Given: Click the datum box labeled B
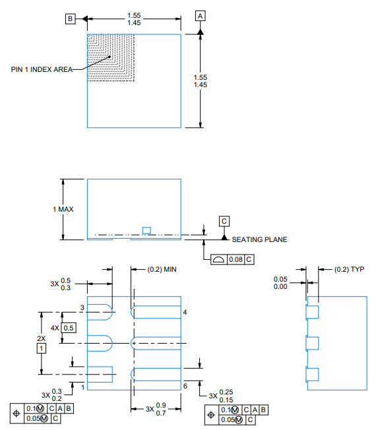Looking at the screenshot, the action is (x=70, y=18).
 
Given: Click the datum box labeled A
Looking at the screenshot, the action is (x=201, y=16).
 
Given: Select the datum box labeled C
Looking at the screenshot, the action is (x=224, y=222).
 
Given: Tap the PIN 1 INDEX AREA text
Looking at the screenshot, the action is (x=42, y=69).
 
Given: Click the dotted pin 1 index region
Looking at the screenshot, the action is (x=111, y=57).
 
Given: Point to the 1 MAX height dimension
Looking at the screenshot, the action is (x=63, y=209).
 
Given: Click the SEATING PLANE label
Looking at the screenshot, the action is (x=259, y=239).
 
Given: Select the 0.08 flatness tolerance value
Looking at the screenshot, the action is (x=236, y=259).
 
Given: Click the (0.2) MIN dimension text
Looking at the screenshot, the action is (x=162, y=269).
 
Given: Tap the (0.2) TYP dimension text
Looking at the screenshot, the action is (x=349, y=269).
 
